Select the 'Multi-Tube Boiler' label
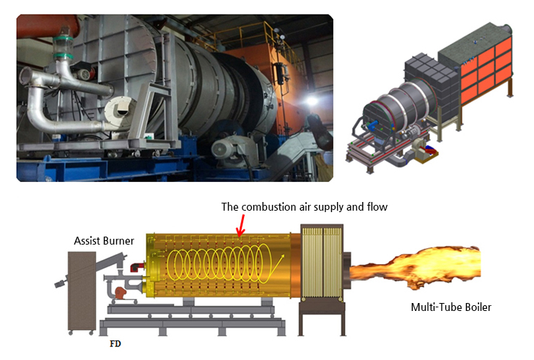(451, 307)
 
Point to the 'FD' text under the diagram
(115, 344)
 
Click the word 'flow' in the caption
(375, 207)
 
